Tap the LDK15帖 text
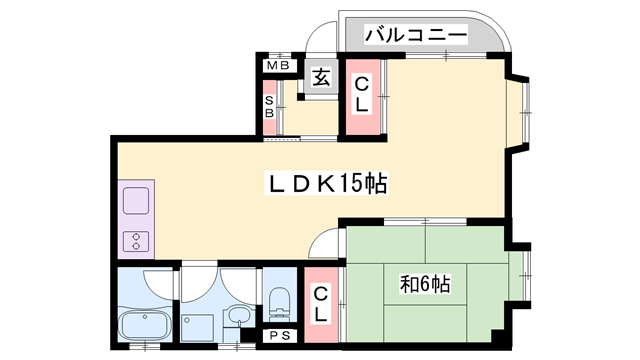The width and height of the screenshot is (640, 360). point(326,184)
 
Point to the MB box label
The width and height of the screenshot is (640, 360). point(276,67)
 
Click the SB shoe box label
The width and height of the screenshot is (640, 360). point(269,106)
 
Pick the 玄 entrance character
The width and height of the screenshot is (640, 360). point(322,77)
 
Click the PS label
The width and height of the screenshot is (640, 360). point(277,337)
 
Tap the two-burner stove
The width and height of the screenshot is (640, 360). point(136,240)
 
